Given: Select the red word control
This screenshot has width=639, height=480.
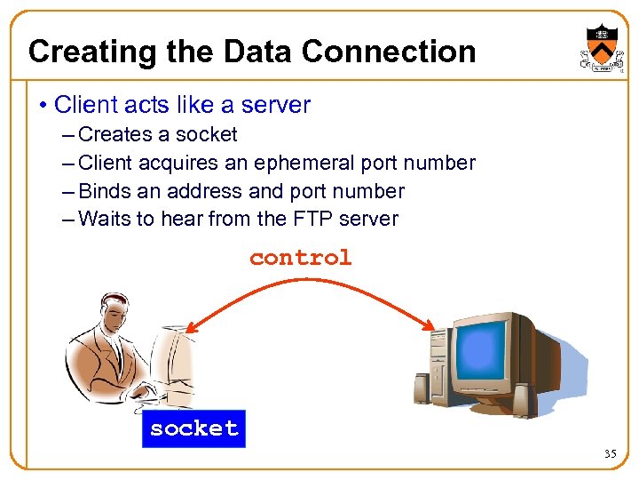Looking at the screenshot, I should click(300, 258).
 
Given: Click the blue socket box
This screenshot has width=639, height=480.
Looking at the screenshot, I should click(193, 428).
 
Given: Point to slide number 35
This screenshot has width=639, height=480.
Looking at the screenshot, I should click(610, 454).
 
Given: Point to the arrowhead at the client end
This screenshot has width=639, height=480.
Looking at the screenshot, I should click(190, 327).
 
